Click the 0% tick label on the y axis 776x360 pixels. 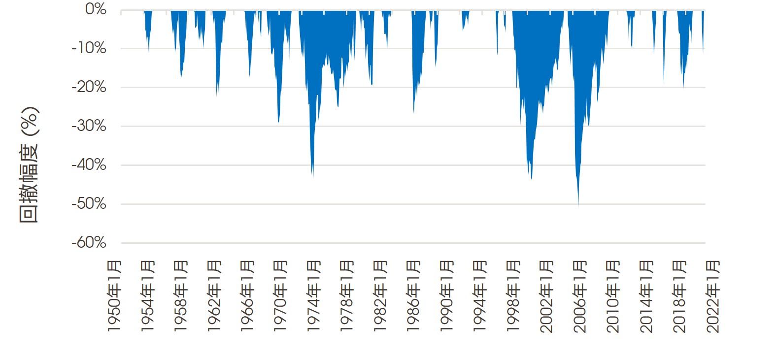pos(96,9)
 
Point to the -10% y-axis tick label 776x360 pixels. pos(89,48)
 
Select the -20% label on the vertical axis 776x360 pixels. pos(89,87)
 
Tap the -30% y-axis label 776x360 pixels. pos(89,126)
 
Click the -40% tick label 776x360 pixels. pos(89,164)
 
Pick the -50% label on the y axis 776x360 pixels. pos(89,203)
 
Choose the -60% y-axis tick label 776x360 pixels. pos(89,242)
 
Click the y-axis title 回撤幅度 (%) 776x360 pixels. pos(29,165)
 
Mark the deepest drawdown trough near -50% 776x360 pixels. pos(578,204)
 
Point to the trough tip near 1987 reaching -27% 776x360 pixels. pos(414,113)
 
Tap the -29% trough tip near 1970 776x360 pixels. pos(279,122)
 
